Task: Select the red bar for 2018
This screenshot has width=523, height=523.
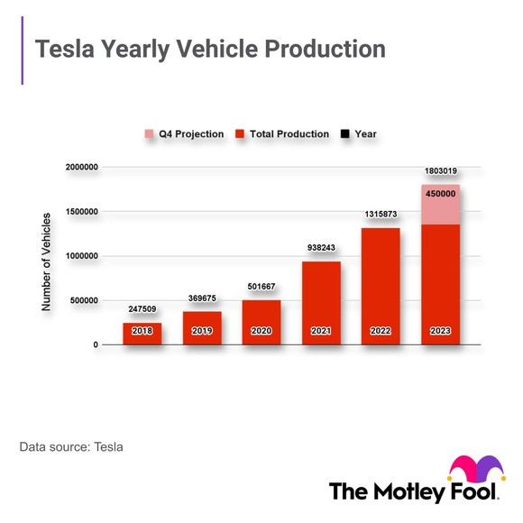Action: click(142, 335)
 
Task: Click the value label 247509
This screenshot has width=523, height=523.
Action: click(142, 308)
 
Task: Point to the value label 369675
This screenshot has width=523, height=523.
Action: click(202, 298)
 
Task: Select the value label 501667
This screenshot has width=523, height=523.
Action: click(261, 286)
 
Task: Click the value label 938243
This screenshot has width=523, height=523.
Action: click(321, 247)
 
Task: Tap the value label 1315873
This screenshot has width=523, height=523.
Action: click(381, 214)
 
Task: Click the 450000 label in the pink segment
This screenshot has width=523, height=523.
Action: click(440, 194)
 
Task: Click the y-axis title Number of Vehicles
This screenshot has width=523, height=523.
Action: click(47, 262)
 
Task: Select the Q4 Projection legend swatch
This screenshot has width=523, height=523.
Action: click(150, 134)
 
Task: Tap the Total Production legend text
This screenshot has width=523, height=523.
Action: click(289, 134)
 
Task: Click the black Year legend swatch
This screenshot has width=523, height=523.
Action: click(344, 134)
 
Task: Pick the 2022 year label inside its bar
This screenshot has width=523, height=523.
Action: click(381, 331)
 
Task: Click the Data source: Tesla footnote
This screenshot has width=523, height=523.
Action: click(71, 446)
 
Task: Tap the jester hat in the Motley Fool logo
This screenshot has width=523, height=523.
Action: click(476, 471)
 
